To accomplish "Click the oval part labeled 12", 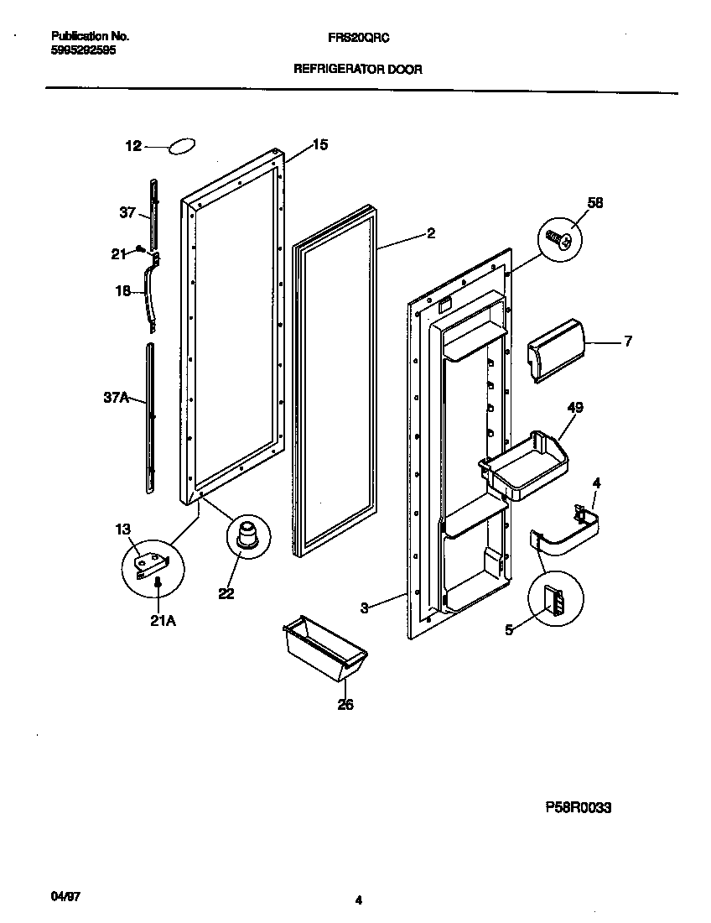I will tap(183, 147).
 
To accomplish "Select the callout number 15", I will tap(320, 144).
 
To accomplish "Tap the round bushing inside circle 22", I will tap(247, 535).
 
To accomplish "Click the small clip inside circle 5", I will tap(555, 601).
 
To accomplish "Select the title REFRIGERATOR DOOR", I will tap(357, 70).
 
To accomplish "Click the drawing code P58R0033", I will tap(579, 808).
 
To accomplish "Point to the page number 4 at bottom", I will tap(358, 901).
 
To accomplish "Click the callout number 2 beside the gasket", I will tap(431, 234).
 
